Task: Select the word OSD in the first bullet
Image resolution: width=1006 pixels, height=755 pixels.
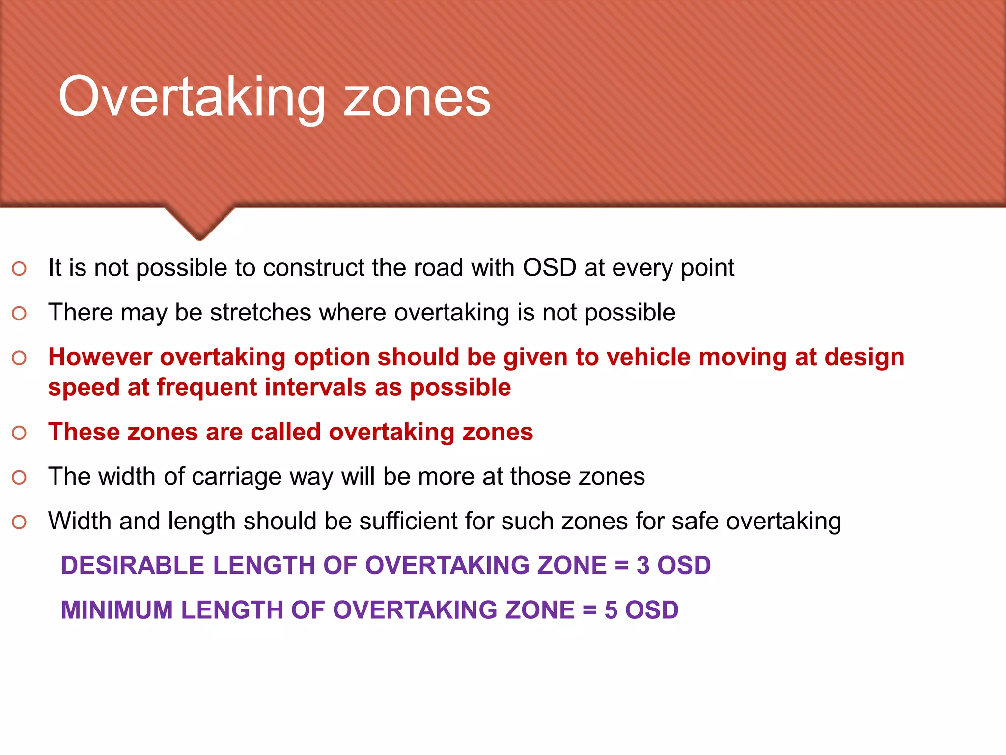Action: (549, 268)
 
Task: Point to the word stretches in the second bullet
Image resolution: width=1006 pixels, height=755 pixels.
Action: (260, 313)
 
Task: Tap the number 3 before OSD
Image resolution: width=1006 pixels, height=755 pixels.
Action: (643, 565)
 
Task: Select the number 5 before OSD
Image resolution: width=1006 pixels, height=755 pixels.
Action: (611, 610)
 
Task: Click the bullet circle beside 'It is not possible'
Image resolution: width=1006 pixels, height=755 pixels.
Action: (19, 269)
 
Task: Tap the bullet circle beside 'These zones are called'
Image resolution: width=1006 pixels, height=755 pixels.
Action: (19, 433)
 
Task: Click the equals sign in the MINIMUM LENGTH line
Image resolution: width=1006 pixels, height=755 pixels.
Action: (589, 610)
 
